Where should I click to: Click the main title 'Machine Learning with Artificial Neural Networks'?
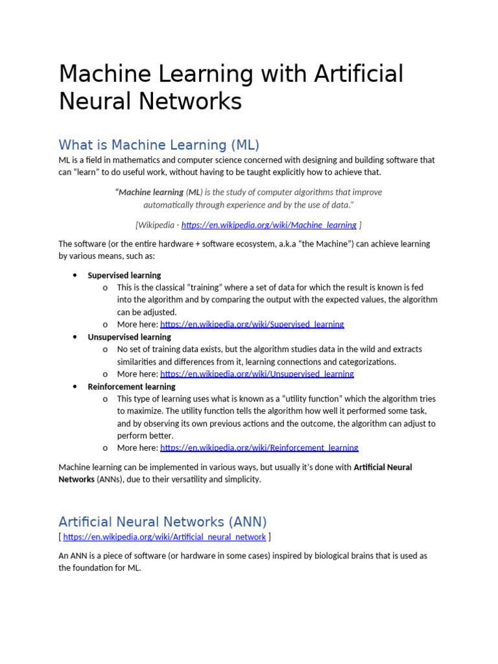pyautogui.click(x=231, y=88)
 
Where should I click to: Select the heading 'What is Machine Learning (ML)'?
pyautogui.click(x=159, y=144)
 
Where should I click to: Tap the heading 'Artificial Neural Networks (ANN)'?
pyautogui.click(x=162, y=521)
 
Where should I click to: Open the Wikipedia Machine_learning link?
pyautogui.click(x=268, y=225)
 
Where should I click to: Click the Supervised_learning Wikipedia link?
pyautogui.click(x=252, y=324)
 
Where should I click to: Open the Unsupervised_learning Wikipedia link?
pyautogui.click(x=257, y=374)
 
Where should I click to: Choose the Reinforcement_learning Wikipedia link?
pyautogui.click(x=259, y=448)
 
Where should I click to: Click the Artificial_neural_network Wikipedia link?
pyautogui.click(x=165, y=537)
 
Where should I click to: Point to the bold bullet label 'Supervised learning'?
pyautogui.click(x=124, y=275)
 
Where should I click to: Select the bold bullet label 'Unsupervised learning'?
pyautogui.click(x=129, y=337)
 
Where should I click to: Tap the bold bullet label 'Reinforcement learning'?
pyautogui.click(x=132, y=386)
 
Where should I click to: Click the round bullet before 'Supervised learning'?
pyautogui.click(x=75, y=275)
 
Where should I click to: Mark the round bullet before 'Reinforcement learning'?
pyautogui.click(x=75, y=386)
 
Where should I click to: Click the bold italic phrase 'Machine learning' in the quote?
pyautogui.click(x=151, y=192)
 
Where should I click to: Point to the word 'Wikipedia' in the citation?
pyautogui.click(x=158, y=225)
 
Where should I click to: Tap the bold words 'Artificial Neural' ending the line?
pyautogui.click(x=383, y=467)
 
